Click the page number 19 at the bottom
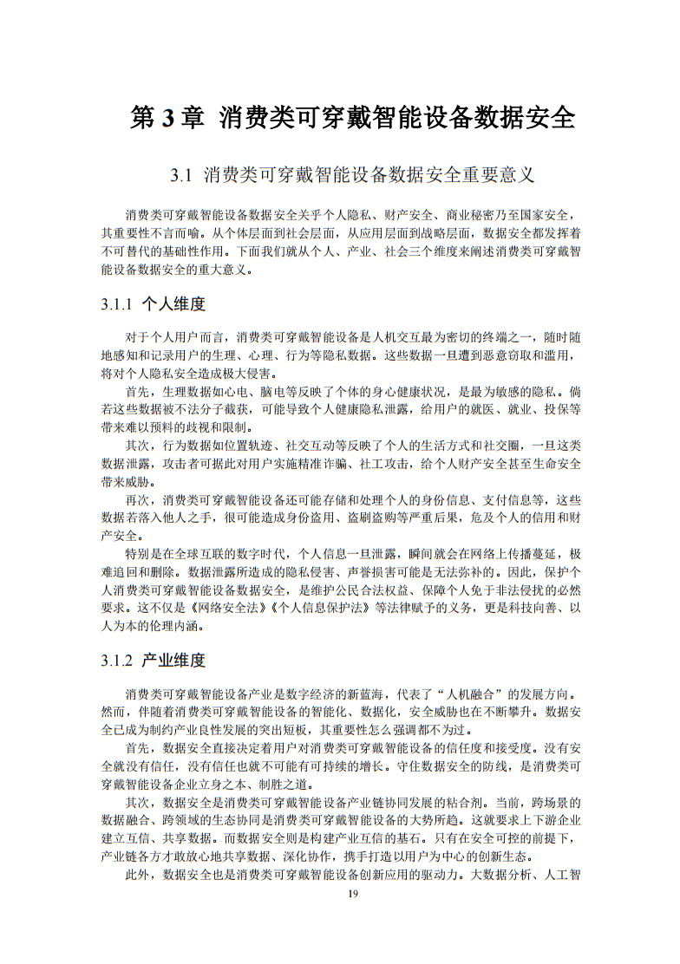tap(352, 894)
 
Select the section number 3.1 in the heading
tap(180, 177)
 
